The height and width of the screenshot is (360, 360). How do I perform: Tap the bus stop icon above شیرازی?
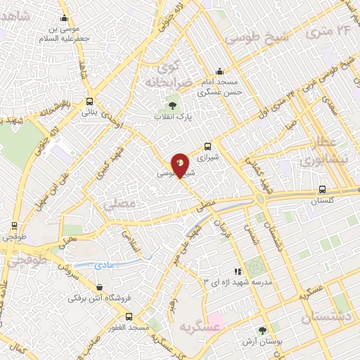point(207,147)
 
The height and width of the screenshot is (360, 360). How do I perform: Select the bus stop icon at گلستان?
point(322,189)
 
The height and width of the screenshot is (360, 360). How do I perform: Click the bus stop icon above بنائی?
point(89,101)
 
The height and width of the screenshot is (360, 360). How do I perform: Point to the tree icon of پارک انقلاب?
point(163,105)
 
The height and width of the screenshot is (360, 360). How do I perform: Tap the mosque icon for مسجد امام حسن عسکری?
point(219,71)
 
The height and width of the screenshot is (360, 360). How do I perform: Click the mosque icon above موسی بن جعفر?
point(65,19)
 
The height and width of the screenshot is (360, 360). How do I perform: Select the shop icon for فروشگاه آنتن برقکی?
point(100,288)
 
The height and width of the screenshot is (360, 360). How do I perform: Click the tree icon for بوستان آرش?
point(262,330)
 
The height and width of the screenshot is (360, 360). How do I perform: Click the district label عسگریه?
point(181,326)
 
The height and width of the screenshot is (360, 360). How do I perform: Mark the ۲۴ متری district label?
point(332,32)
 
